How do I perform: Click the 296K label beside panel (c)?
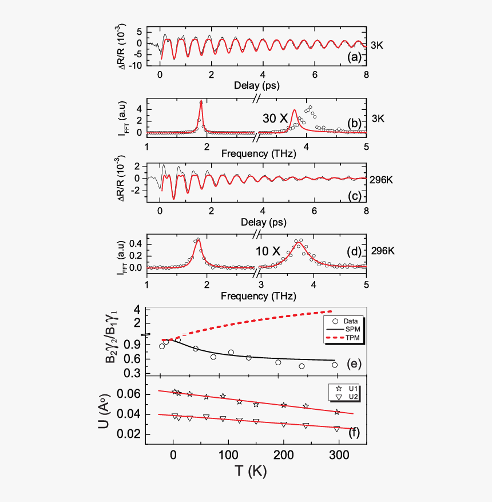pyautogui.click(x=382, y=179)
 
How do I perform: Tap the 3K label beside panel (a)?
pyautogui.click(x=378, y=44)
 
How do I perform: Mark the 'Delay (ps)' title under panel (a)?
pyautogui.click(x=256, y=85)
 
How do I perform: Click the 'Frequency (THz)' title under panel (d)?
pyautogui.click(x=256, y=297)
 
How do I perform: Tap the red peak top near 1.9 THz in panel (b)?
pyautogui.click(x=201, y=102)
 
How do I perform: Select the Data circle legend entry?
pyautogui.click(x=342, y=321)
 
